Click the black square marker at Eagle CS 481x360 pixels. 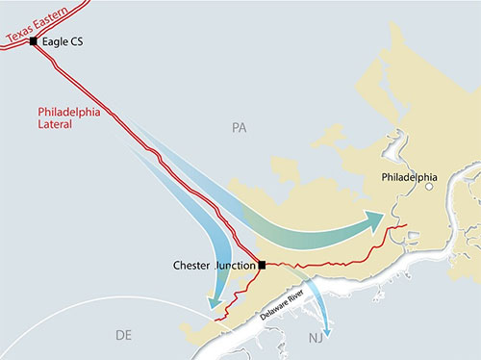(34, 42)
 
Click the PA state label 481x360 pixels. (240, 127)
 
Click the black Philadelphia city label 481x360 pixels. (409, 178)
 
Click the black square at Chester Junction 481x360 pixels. (262, 265)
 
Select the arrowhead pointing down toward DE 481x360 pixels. (215, 304)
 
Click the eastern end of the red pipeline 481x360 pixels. (408, 225)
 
